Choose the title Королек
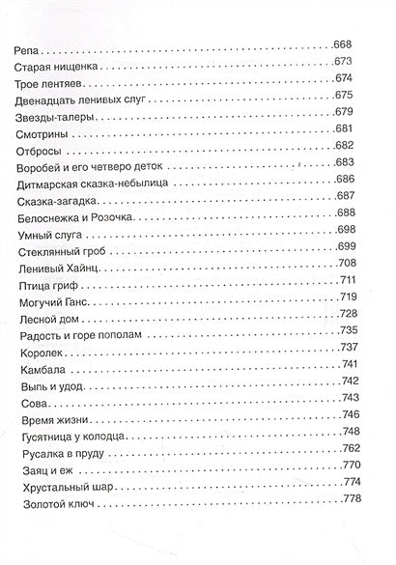41,378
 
